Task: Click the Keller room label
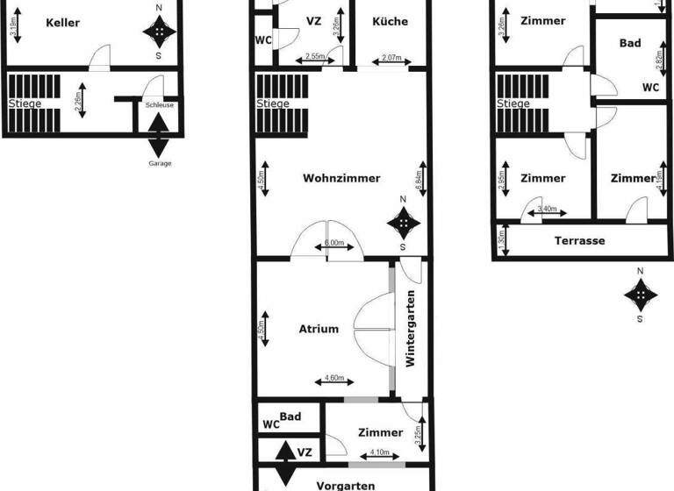tap(63, 22)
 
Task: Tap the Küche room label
tap(390, 22)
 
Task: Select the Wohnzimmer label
tap(342, 178)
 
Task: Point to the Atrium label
tap(319, 329)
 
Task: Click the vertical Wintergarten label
tap(410, 329)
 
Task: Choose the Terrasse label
tap(579, 240)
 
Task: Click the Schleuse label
tap(159, 104)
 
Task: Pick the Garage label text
tap(159, 164)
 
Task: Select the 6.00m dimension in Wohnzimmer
tap(333, 243)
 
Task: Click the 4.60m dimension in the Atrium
tap(333, 379)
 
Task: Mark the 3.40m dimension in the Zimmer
tap(545, 210)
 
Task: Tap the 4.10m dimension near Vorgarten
tap(379, 452)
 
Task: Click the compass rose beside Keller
tap(159, 32)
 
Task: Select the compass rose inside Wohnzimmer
tap(403, 224)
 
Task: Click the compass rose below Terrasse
tap(640, 295)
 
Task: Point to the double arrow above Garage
tap(159, 134)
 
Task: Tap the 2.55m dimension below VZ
tap(312, 58)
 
